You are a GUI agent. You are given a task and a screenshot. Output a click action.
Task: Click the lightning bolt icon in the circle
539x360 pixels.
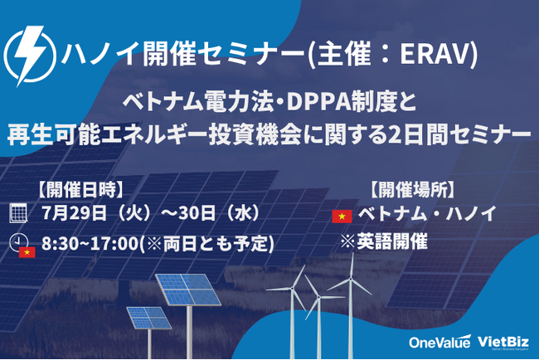pos(30,55)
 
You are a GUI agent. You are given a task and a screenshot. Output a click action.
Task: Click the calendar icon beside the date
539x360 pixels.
pos(18,213)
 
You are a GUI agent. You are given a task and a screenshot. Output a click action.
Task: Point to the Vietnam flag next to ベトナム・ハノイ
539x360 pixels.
pos(342,216)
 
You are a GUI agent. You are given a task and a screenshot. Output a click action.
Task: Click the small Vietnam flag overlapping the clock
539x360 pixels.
pos(27,252)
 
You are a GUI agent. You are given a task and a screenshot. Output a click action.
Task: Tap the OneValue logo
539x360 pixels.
pos(439,342)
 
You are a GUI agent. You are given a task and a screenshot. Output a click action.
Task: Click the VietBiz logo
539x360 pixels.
pos(503,342)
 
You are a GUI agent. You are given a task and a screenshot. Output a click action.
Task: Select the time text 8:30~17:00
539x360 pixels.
pos(90,243)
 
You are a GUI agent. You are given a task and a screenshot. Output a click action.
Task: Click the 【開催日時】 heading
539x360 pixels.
pos(80,190)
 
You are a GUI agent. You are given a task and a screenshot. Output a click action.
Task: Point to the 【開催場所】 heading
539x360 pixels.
pos(412,190)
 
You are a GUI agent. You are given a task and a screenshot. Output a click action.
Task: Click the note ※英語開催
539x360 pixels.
pos(384,241)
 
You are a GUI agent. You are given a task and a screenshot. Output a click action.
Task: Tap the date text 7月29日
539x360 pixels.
pos(74,213)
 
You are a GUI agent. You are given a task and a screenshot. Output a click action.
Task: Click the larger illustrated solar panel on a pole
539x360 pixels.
pos(187,289)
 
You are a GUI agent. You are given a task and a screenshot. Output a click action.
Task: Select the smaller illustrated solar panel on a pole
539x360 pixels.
pos(149,318)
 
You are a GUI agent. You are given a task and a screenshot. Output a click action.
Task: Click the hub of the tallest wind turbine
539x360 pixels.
pos(351,280)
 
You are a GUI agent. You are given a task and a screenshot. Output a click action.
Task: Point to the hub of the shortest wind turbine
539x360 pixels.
pos(319,296)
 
